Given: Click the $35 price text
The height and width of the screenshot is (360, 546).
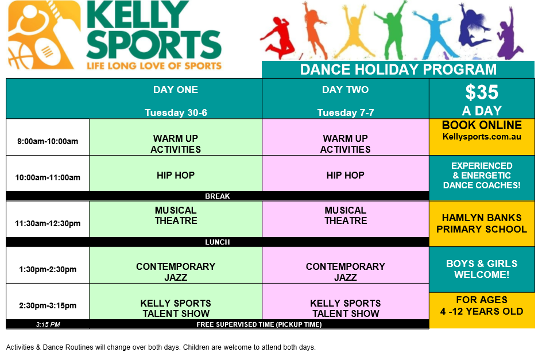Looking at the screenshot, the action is click(x=482, y=92).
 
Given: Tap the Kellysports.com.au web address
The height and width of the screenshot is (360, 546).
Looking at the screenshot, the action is click(x=482, y=137).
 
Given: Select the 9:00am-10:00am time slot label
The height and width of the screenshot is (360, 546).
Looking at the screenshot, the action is click(x=48, y=141).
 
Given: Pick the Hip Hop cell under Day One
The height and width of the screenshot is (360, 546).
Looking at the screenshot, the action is click(x=176, y=173).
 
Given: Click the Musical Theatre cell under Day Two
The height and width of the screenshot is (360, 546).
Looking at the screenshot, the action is click(x=346, y=219).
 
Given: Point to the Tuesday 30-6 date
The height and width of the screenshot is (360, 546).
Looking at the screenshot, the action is click(x=176, y=113).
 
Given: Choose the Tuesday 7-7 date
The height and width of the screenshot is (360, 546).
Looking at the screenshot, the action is click(x=346, y=113).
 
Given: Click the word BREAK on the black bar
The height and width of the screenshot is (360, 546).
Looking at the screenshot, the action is click(x=217, y=196).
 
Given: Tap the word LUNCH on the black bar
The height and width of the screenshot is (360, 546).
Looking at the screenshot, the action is click(x=217, y=242).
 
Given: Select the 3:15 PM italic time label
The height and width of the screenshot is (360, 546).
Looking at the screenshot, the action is click(x=48, y=324).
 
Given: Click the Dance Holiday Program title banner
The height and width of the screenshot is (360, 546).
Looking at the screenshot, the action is click(x=398, y=69).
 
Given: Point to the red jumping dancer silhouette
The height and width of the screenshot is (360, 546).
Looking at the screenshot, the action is click(x=278, y=37).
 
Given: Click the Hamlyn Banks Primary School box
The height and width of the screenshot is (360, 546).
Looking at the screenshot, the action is click(x=482, y=223).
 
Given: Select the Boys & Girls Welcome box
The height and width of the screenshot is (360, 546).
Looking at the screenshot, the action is click(x=482, y=269).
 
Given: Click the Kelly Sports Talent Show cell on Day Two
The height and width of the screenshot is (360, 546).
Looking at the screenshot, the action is click(x=346, y=301).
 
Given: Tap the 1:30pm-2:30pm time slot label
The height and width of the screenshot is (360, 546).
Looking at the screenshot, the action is click(x=48, y=269).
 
